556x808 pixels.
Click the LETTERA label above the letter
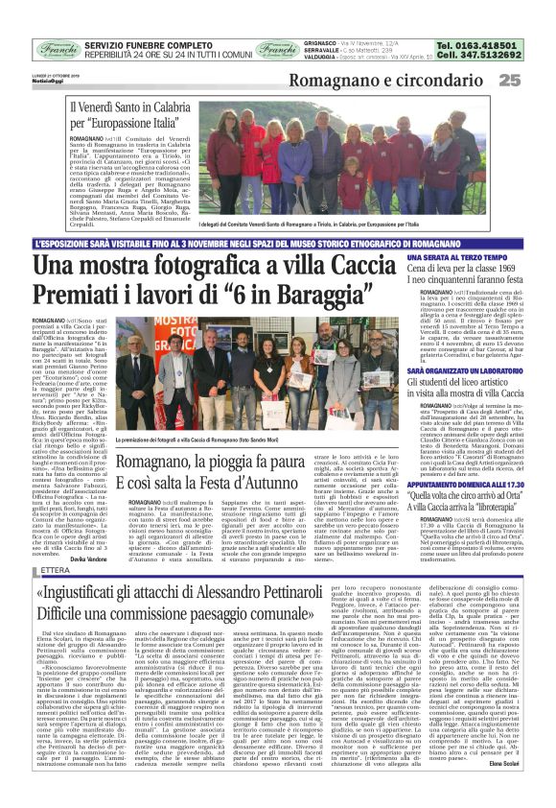pyautogui.click(x=49, y=572)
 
